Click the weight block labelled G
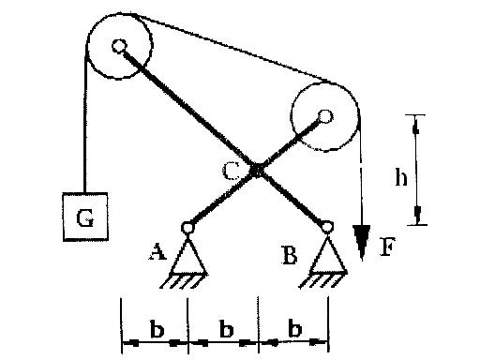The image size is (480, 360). [85, 217]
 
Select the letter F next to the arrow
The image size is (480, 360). [387, 247]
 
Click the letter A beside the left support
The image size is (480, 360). [157, 252]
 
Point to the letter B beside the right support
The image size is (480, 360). [290, 255]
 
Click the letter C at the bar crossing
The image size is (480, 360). [232, 172]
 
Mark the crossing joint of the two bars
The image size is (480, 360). [257, 171]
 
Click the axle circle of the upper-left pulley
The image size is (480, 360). [119, 47]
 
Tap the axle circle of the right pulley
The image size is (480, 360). [325, 117]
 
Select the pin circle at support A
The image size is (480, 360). [187, 228]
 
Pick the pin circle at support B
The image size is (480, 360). [326, 227]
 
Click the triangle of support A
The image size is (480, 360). [188, 255]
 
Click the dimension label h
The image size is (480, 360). [401, 177]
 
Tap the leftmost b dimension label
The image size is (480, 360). [157, 329]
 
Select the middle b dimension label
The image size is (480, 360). [226, 329]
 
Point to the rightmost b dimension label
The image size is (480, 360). [295, 328]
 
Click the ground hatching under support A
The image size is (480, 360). [184, 280]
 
